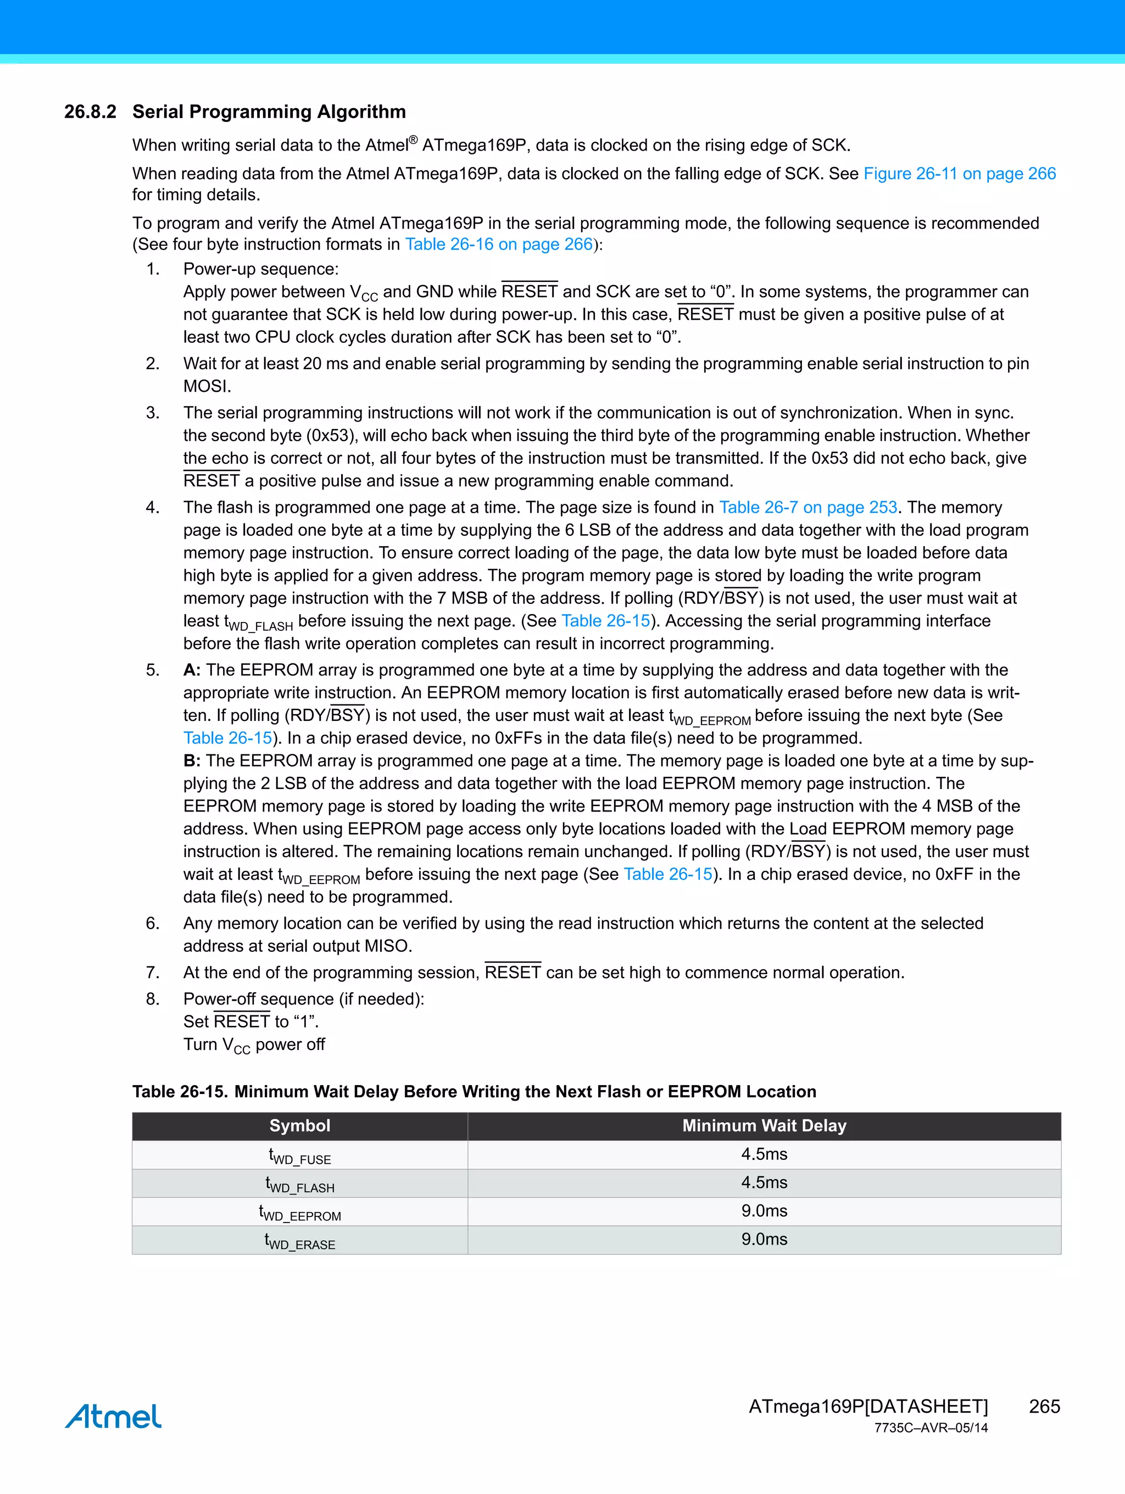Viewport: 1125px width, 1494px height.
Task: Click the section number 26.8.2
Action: pyautogui.click(x=90, y=112)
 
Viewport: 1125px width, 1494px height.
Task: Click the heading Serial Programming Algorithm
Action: pyautogui.click(x=269, y=112)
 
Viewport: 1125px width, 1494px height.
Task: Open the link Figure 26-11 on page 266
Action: pyautogui.click(x=959, y=174)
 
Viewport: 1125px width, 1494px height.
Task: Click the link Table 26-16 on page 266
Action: pyautogui.click(x=498, y=244)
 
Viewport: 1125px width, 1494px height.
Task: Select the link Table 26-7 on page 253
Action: pyautogui.click(x=807, y=507)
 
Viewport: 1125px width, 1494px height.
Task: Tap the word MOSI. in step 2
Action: pyautogui.click(x=207, y=386)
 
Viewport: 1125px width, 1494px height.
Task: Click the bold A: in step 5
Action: pyautogui.click(x=192, y=670)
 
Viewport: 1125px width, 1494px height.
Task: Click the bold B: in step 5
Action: pyautogui.click(x=192, y=760)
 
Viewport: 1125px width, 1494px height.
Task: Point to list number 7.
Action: pyautogui.click(x=153, y=973)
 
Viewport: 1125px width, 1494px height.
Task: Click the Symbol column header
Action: pyautogui.click(x=300, y=1125)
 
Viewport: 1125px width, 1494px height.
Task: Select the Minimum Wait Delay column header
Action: pyautogui.click(x=764, y=1125)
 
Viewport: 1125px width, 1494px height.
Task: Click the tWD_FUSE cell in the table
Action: pyautogui.click(x=300, y=1156)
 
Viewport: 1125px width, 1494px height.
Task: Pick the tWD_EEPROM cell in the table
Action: pyautogui.click(x=300, y=1212)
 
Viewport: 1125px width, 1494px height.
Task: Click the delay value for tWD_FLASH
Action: pyautogui.click(x=764, y=1182)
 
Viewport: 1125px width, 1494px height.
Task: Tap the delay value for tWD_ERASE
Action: pyautogui.click(x=764, y=1240)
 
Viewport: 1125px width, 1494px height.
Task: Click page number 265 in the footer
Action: pyautogui.click(x=1044, y=1406)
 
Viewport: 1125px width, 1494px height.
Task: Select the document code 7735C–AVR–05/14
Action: pyautogui.click(x=931, y=1428)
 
